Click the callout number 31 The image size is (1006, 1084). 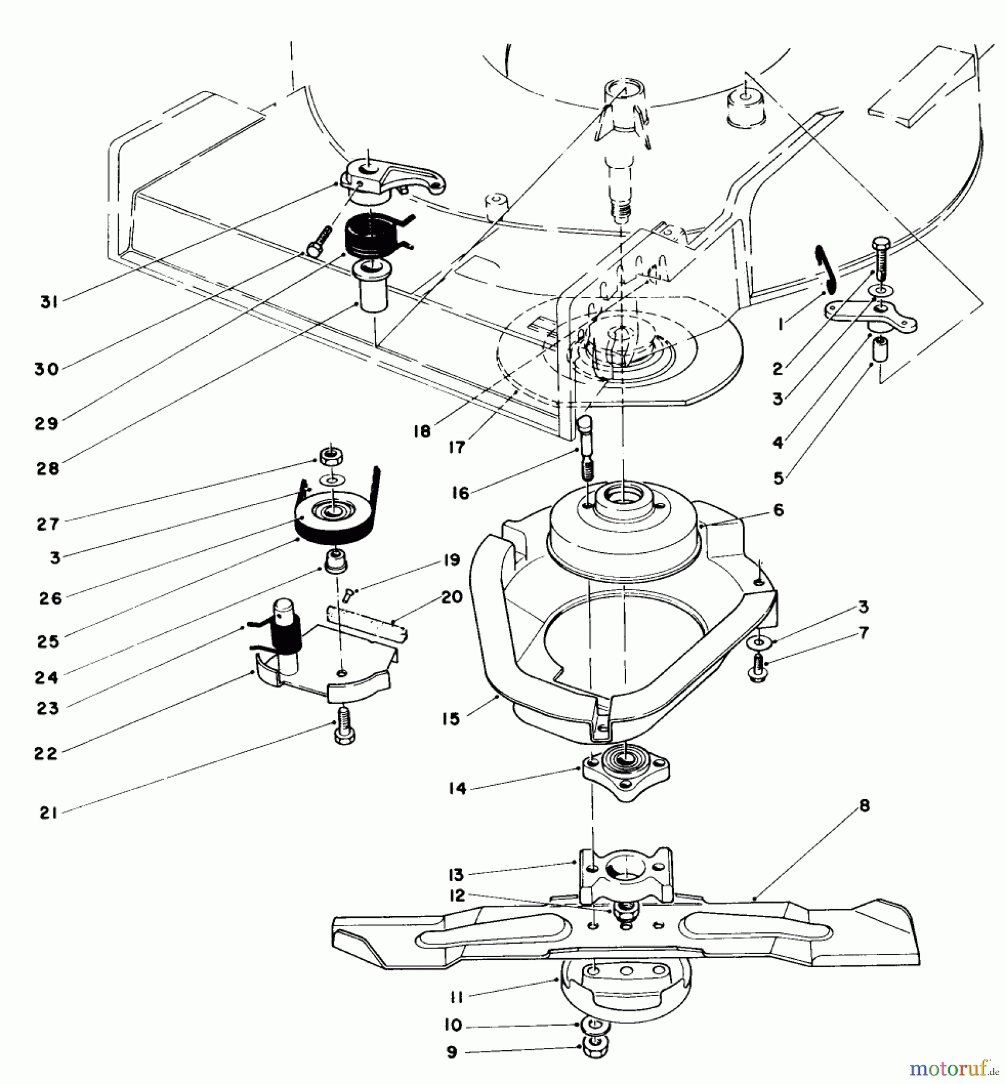click(48, 302)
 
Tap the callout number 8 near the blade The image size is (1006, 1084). click(864, 806)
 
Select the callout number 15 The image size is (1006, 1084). click(451, 718)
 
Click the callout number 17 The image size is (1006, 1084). click(457, 447)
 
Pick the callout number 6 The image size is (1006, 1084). click(778, 510)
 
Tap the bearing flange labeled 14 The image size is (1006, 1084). click(626, 774)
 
